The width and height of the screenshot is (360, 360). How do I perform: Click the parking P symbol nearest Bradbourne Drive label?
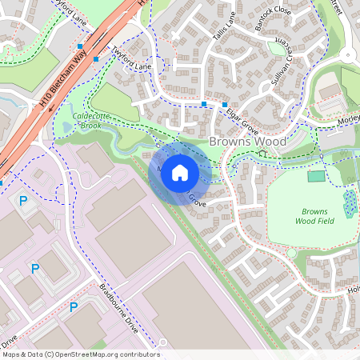74,307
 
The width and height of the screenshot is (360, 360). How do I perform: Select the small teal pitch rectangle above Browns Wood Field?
317,176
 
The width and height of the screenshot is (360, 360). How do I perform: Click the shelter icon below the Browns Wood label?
262,153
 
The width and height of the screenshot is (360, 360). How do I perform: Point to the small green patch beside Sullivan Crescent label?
276,48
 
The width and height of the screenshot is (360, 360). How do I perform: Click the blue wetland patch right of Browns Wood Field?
350,203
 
